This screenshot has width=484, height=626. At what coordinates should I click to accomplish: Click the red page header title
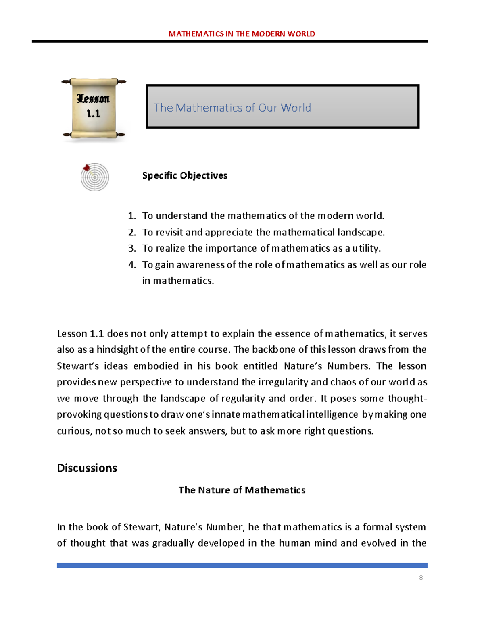point(242,34)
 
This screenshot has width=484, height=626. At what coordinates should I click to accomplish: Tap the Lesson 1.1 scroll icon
point(94,108)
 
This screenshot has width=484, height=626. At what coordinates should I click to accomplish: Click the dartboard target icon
point(94,177)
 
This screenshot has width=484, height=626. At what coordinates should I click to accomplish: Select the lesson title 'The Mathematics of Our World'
point(232,108)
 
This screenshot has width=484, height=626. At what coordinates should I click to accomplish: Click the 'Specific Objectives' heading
point(185,175)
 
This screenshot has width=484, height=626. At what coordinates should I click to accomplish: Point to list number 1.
point(131,216)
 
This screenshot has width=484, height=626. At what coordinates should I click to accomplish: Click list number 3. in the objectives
point(131,248)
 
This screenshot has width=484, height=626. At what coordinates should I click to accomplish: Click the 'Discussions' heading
point(87,468)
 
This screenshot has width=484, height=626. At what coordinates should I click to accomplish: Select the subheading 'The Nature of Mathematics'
point(242,490)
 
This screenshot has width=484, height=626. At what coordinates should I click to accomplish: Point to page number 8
point(421,578)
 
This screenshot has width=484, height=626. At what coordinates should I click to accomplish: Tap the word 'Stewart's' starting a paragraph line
point(76,366)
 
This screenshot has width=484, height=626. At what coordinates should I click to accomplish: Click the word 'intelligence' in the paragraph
point(332,415)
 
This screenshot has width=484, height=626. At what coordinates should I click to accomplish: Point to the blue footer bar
point(242,565)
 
